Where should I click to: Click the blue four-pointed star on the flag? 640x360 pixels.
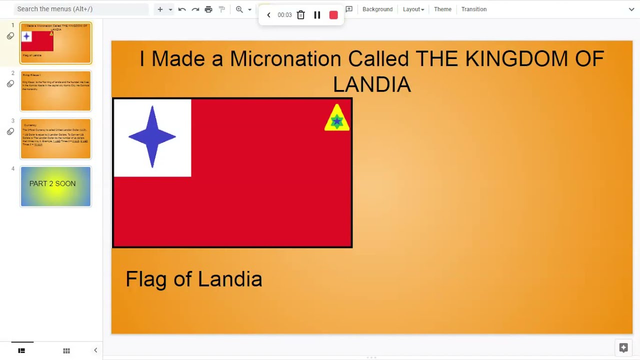(152, 137)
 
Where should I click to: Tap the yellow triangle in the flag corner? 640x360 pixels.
(336, 118)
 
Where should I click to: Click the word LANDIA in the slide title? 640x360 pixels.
(371, 84)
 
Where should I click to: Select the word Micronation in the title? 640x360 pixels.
(285, 59)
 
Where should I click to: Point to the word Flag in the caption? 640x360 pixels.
(145, 279)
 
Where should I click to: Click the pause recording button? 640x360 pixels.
(317, 15)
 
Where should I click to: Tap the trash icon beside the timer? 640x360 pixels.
(300, 15)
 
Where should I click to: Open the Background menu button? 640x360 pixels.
(377, 9)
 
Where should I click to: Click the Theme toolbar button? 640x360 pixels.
(442, 9)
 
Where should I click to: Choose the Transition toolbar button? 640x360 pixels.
(473, 9)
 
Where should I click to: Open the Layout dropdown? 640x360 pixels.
(413, 9)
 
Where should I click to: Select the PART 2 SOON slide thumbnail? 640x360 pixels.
(55, 186)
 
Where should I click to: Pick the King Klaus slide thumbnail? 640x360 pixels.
(55, 91)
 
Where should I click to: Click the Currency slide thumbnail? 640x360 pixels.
(55, 138)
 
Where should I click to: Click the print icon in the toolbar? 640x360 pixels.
(208, 9)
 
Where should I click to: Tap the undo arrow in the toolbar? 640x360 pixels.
(182, 9)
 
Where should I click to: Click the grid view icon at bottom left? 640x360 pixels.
(66, 350)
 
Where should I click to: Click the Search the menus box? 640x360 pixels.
(80, 9)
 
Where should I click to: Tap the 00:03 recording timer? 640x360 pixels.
(284, 15)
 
